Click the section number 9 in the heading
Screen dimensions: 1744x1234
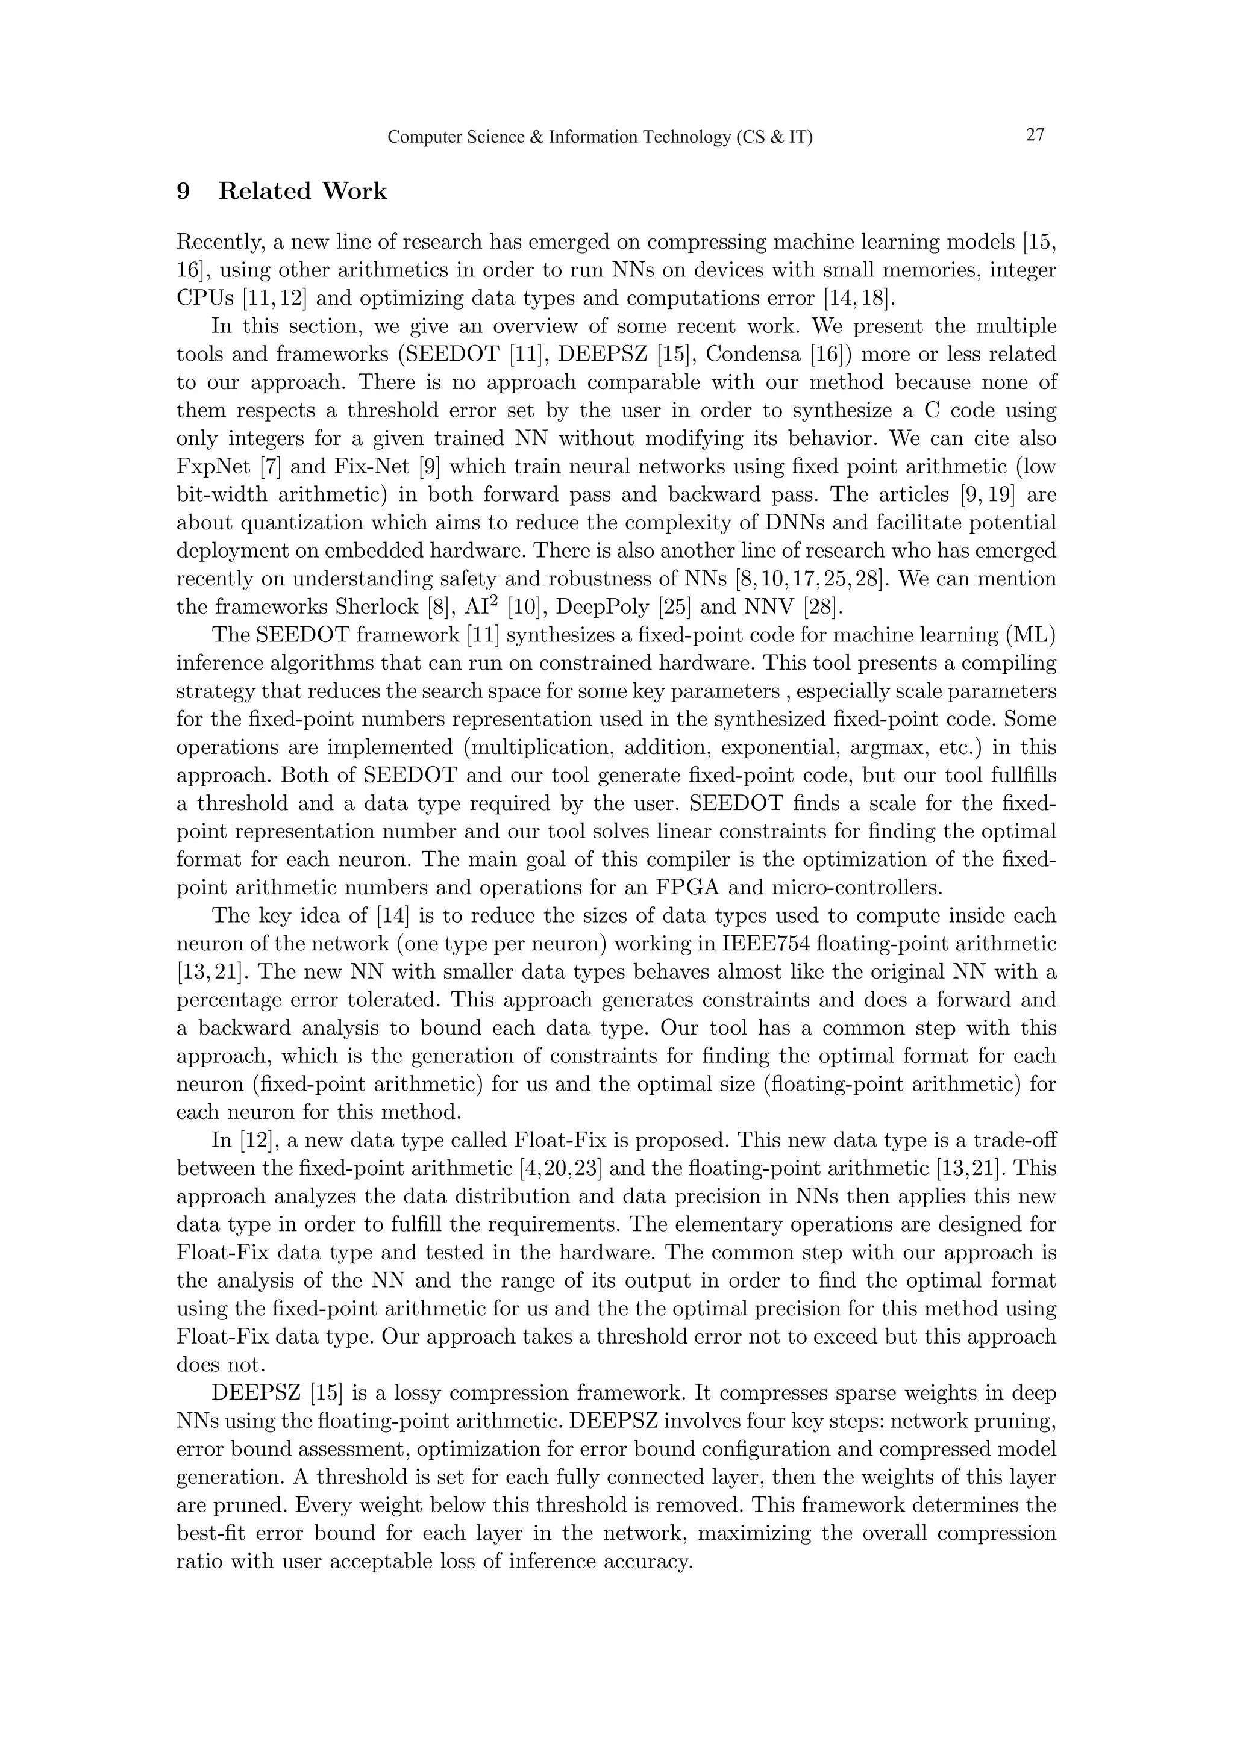[x=183, y=192]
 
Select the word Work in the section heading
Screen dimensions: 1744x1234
[x=354, y=192]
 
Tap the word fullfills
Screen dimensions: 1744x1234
[x=1015, y=776]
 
